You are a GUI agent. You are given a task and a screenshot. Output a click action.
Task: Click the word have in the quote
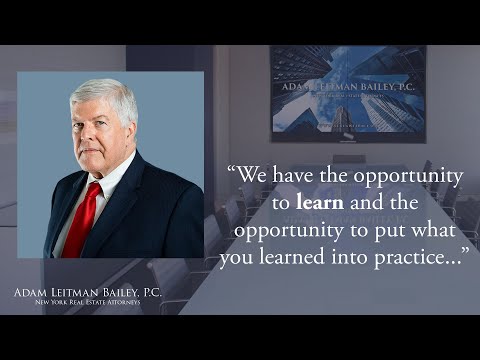click(296, 177)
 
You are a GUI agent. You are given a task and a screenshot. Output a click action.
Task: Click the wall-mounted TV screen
click(347, 92)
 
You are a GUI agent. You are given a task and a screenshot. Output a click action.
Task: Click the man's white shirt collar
click(110, 180)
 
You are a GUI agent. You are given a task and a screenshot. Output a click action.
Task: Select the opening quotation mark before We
click(234, 174)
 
